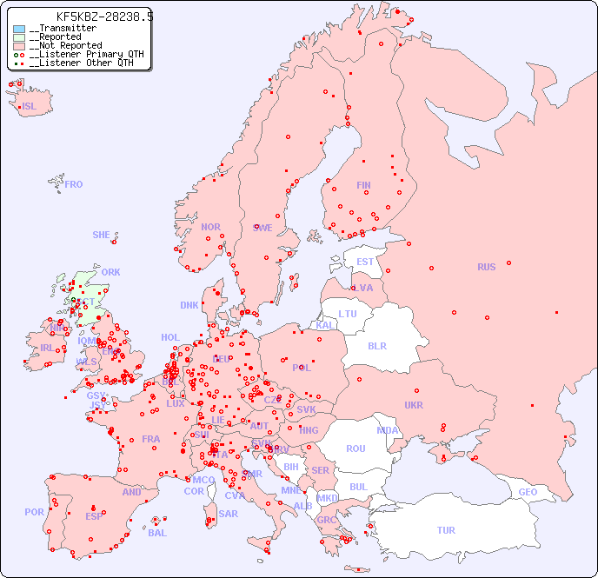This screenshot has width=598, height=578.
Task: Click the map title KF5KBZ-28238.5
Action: point(104,17)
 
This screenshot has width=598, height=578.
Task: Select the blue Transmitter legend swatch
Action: point(19,29)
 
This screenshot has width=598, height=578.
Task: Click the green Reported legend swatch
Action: point(19,37)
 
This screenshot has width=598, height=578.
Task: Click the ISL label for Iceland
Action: point(30,107)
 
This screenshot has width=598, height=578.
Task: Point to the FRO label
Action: point(74,184)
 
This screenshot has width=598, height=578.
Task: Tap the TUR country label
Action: point(446,530)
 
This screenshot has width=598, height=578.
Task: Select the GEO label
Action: point(528,492)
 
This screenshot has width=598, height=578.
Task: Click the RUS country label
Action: point(486,267)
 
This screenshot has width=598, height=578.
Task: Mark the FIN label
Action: point(363,185)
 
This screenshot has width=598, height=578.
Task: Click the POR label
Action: point(34,512)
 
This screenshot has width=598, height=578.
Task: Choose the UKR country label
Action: point(414,405)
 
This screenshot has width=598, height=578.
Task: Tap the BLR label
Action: point(376,345)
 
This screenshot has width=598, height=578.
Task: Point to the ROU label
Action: point(355,448)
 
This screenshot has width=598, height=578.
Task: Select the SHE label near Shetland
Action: point(102,235)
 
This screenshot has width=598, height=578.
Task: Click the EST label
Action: point(365,262)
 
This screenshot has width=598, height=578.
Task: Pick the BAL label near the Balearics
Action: point(157,533)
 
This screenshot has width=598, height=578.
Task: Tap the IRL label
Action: point(47,348)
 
